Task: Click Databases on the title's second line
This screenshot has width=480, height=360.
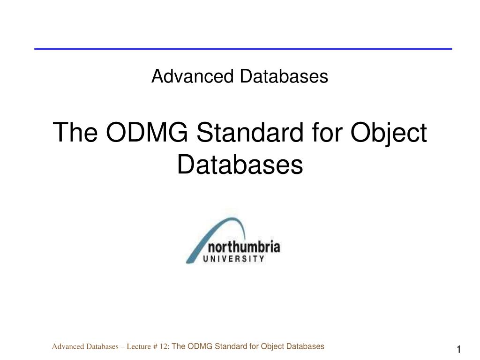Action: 240,165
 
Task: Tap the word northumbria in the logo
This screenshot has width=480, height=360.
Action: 247,247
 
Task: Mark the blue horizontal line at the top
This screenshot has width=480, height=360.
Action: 243,49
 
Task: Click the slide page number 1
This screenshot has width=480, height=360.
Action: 459,350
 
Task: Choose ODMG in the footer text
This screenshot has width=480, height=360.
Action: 200,347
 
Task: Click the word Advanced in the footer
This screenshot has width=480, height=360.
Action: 66,347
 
